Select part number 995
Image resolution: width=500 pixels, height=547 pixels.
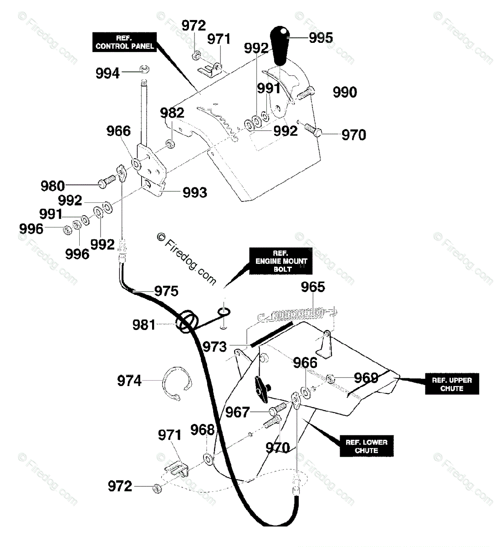point(321,38)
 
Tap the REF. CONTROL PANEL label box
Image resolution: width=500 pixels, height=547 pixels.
point(124,42)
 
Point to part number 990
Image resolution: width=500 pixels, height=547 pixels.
point(345,92)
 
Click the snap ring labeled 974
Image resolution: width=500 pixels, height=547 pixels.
point(177,383)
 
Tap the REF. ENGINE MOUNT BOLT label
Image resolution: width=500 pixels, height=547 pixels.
point(281,261)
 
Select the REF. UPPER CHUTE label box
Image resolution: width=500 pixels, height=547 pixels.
point(452,384)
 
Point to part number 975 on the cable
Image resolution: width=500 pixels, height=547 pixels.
point(166,291)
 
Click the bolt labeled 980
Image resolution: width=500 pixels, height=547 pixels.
point(107,181)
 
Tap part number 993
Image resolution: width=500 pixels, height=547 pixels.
point(195,192)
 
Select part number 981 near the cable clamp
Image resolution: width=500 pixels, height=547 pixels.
point(143,325)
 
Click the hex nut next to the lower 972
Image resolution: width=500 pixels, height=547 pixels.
point(157,488)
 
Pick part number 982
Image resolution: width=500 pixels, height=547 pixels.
point(172,113)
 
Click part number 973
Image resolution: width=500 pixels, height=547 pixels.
point(214,347)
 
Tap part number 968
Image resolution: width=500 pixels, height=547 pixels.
point(203,430)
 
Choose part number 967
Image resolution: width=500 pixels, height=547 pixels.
point(237,412)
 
